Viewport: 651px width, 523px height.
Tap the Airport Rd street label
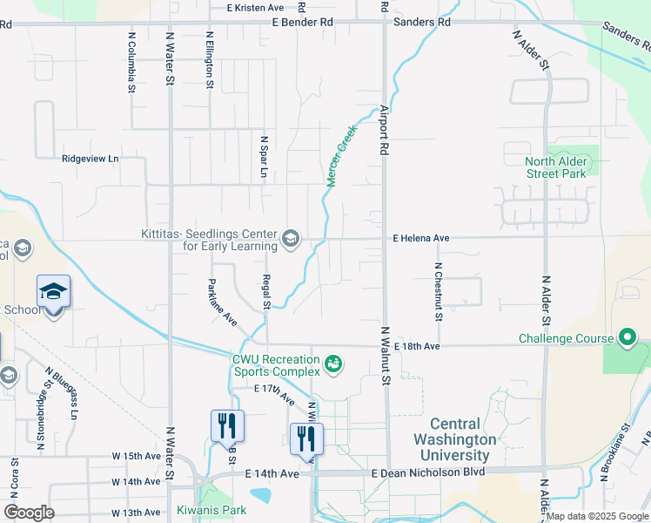click(x=384, y=131)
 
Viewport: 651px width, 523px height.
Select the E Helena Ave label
click(x=421, y=237)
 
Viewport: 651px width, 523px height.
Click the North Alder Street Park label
click(x=558, y=167)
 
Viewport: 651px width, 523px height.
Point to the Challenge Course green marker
click(x=628, y=337)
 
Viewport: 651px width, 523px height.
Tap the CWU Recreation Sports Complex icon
click(x=332, y=363)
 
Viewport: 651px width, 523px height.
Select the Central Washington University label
click(x=452, y=440)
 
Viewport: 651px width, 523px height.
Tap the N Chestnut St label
click(x=439, y=291)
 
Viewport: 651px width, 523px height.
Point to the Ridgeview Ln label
click(x=90, y=159)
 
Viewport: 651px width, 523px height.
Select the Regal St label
click(x=266, y=292)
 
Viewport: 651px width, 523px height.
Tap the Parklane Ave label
click(x=223, y=302)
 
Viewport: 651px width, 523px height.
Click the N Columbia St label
click(x=131, y=63)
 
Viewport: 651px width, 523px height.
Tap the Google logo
click(x=29, y=513)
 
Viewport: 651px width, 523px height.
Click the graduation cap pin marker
click(x=53, y=291)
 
